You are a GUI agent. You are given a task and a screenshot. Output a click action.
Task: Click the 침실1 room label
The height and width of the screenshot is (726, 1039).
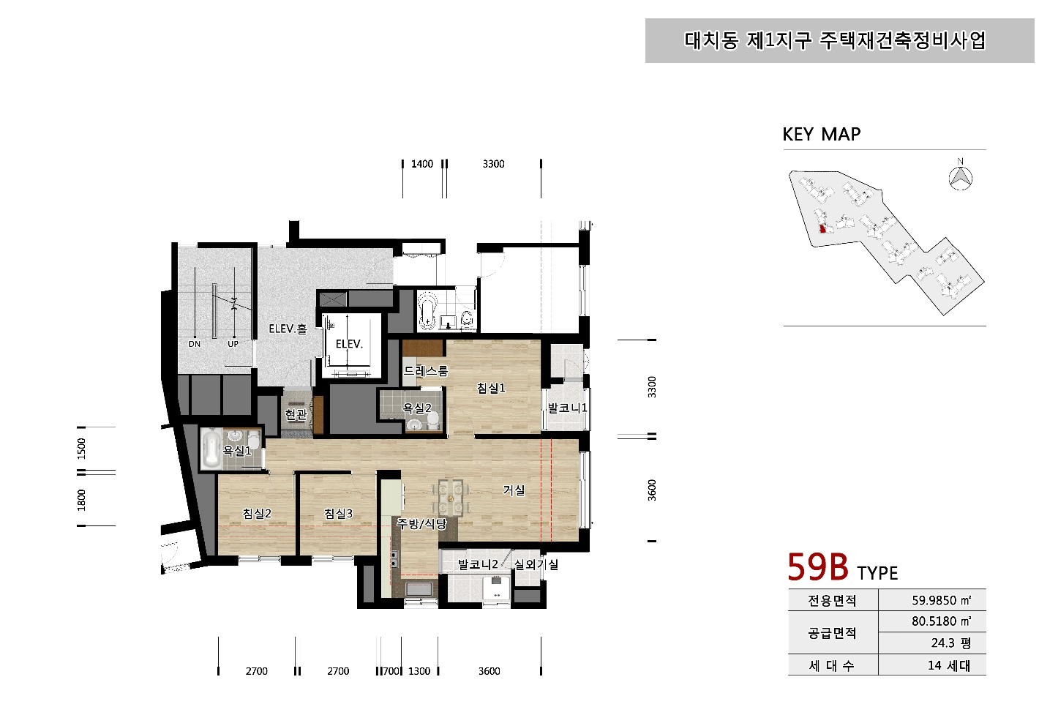tap(491, 387)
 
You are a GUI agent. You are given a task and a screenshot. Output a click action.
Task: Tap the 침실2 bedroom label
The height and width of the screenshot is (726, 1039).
tap(257, 513)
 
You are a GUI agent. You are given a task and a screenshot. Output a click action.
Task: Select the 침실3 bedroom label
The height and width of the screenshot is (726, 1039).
tap(338, 513)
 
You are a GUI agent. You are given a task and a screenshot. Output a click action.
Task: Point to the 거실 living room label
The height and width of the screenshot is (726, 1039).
tap(514, 490)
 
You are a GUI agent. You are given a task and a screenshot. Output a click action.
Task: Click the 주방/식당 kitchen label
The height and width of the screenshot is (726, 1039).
tap(421, 524)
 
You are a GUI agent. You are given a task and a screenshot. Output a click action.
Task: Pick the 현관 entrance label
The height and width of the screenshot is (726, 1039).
tap(296, 413)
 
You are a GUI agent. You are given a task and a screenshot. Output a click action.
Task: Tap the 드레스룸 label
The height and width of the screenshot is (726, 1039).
tap(425, 370)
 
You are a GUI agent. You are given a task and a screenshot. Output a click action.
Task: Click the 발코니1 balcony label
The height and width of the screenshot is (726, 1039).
tap(567, 408)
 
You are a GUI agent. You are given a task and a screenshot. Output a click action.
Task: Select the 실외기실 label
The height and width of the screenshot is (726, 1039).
tap(536, 564)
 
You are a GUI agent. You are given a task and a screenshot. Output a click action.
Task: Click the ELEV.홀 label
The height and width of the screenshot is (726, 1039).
tap(288, 329)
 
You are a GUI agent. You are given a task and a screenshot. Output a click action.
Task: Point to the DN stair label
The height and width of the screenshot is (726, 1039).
tap(195, 344)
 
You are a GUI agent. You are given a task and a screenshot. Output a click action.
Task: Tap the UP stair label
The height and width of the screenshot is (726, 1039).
tap(233, 344)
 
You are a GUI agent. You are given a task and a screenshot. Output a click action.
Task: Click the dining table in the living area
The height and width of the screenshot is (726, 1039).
tap(449, 498)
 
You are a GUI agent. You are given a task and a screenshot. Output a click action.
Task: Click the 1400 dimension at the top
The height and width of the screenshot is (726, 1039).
tap(422, 164)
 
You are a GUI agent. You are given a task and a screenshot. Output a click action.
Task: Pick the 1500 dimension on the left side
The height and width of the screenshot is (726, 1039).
tap(82, 449)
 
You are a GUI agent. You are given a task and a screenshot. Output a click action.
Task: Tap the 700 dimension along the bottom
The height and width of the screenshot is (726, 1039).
tap(391, 671)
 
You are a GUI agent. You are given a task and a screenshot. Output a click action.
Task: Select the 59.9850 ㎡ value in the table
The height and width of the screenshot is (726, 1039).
tap(941, 600)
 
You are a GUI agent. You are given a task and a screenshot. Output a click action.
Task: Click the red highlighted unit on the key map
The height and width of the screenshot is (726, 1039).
tap(822, 229)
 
